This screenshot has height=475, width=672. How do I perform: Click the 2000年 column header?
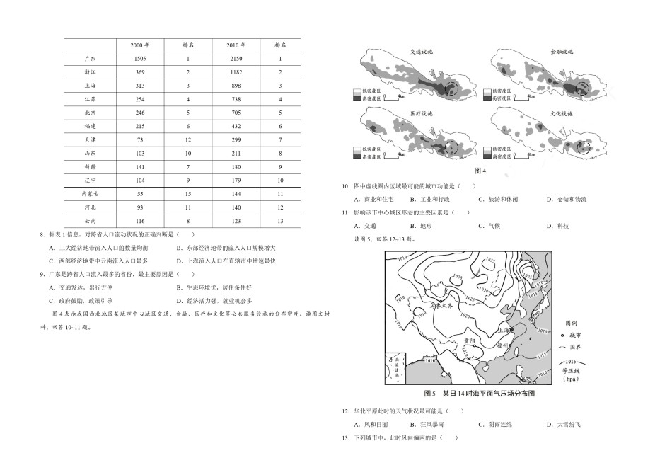(x=139, y=45)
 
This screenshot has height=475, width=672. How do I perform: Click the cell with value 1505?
(x=139, y=59)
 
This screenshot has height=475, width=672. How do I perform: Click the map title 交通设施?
(x=422, y=52)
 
